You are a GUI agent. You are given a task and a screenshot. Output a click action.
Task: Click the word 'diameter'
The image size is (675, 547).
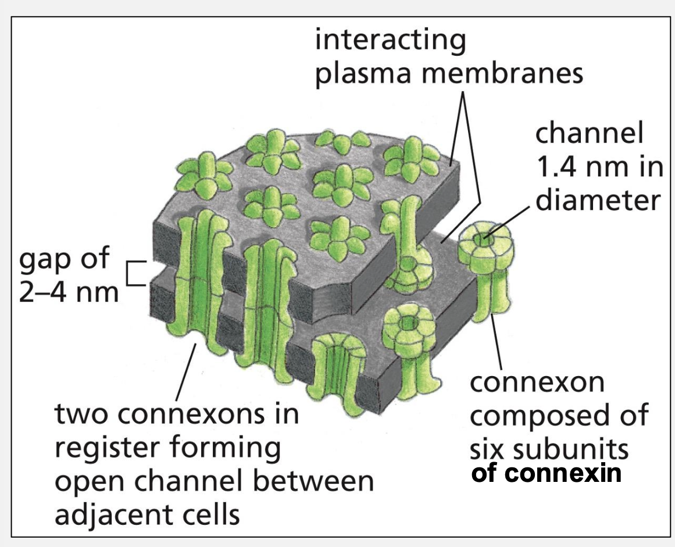coord(598,201)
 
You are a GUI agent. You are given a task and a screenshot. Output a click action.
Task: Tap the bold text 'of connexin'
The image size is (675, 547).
coord(547,473)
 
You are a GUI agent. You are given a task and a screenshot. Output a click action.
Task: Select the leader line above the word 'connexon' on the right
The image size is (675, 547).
coord(498,343)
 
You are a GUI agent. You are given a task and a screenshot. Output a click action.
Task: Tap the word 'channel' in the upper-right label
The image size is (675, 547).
coord(589,134)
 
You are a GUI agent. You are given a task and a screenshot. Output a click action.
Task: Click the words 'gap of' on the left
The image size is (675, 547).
coord(65,259)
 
